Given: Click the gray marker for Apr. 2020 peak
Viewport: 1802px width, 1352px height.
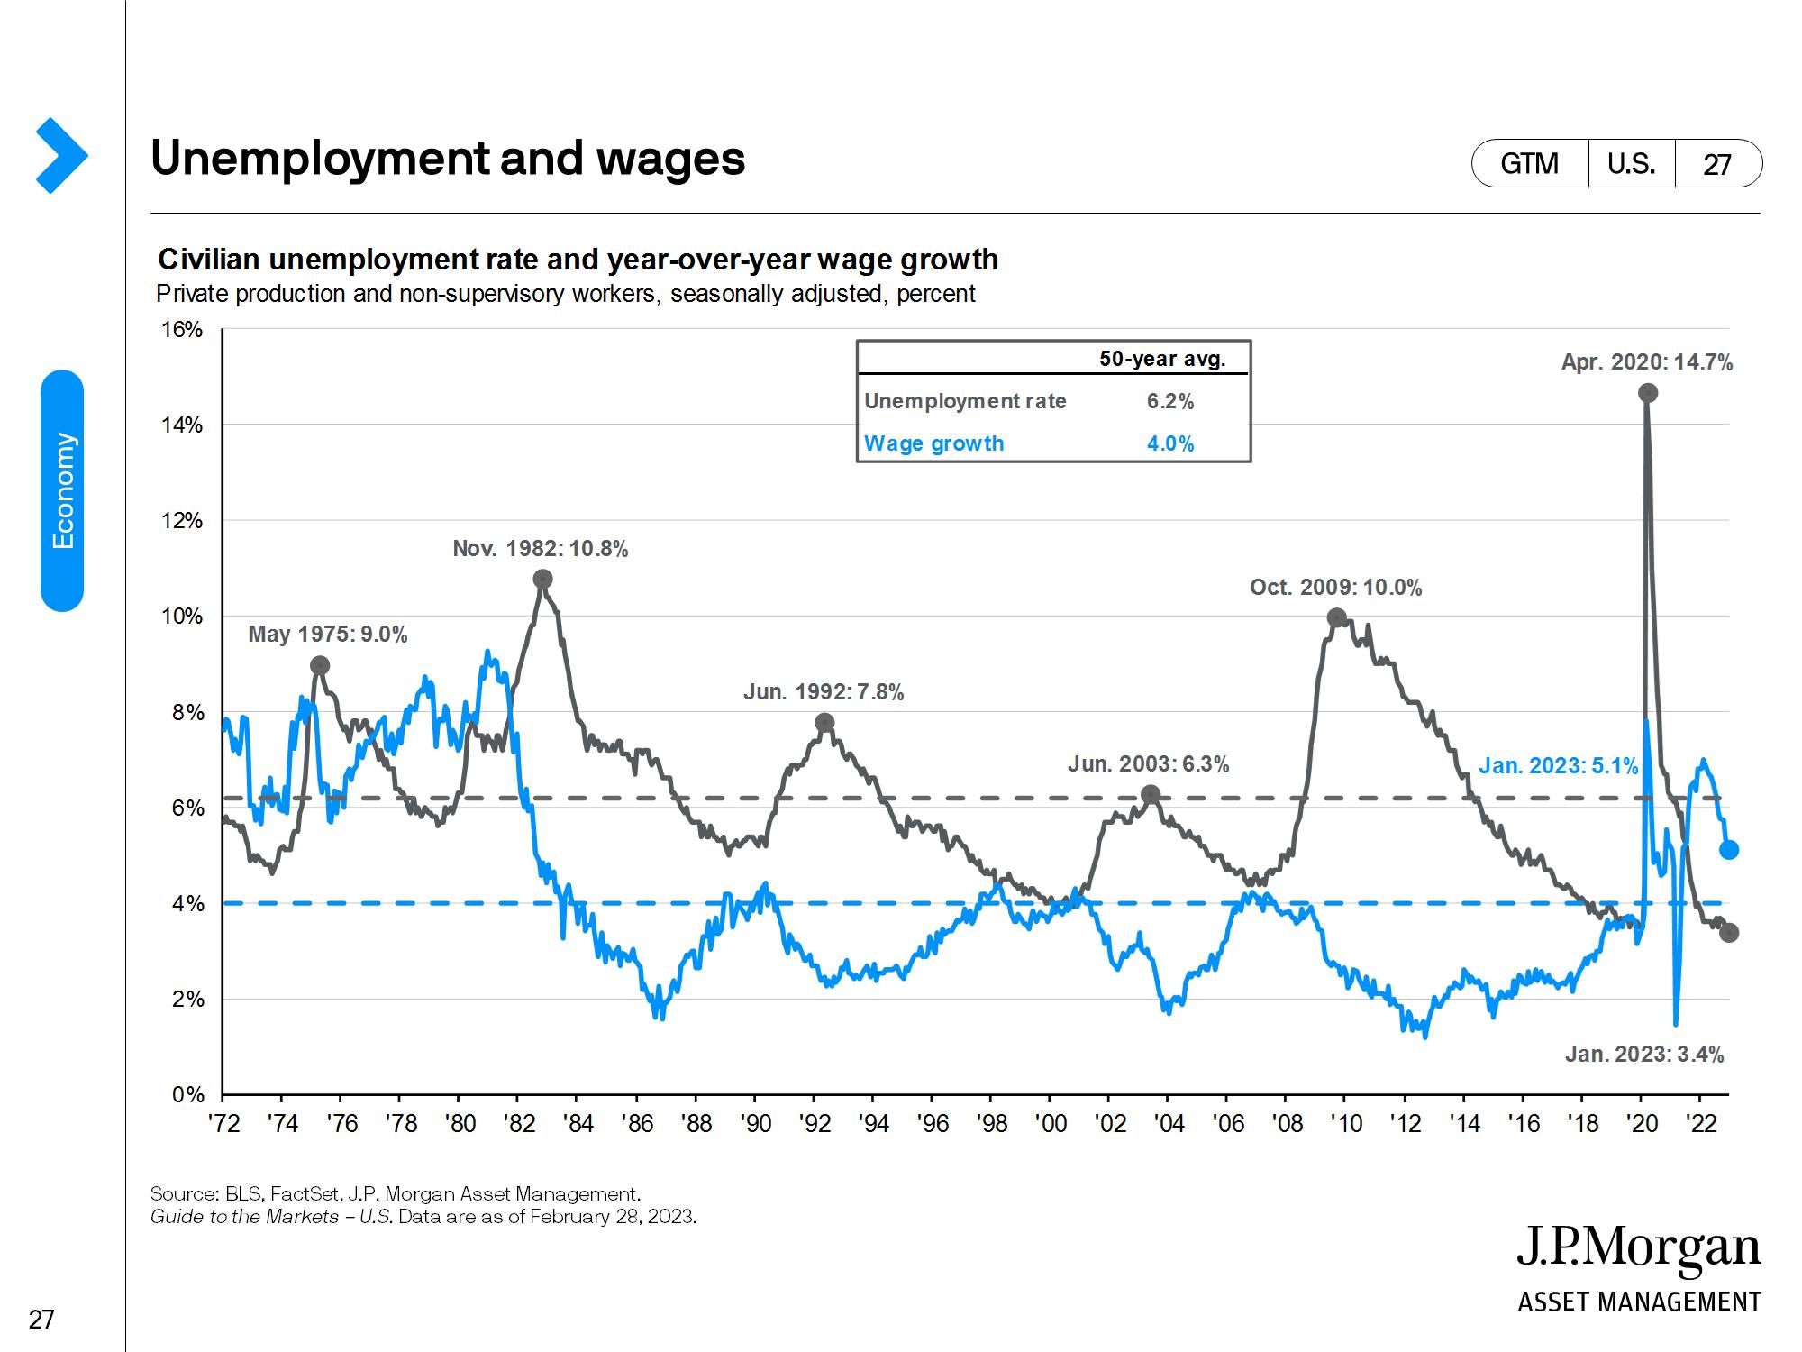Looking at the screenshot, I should pyautogui.click(x=1648, y=393).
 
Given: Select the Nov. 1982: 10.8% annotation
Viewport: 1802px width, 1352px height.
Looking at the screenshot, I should pyautogui.click(x=540, y=549).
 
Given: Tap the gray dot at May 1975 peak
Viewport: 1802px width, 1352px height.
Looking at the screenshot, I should pyautogui.click(x=320, y=666).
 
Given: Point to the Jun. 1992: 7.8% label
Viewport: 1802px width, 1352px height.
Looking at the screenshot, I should pyautogui.click(x=823, y=692).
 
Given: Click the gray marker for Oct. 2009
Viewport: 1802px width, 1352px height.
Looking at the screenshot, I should pyautogui.click(x=1337, y=618).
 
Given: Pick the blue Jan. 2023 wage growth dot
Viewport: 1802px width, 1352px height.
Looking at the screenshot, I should pyautogui.click(x=1729, y=850).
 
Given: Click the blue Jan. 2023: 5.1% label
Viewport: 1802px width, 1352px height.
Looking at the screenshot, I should pyautogui.click(x=1558, y=766).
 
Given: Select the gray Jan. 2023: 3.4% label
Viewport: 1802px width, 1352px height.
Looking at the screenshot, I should pyautogui.click(x=1643, y=1055).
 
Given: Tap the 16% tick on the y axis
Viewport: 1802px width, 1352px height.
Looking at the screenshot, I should pyautogui.click(x=182, y=330).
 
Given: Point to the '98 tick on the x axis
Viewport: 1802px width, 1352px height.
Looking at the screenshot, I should pyautogui.click(x=991, y=1124).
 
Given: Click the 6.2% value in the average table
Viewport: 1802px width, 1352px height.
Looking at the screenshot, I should pyautogui.click(x=1169, y=402).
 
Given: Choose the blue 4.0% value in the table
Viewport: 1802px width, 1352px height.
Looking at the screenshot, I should pyautogui.click(x=1169, y=443).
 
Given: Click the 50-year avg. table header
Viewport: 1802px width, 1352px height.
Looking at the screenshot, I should pyautogui.click(x=1161, y=359).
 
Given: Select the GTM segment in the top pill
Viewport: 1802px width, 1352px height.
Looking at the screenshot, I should pyautogui.click(x=1529, y=164).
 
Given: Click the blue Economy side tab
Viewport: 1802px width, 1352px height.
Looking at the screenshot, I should pyautogui.click(x=62, y=490).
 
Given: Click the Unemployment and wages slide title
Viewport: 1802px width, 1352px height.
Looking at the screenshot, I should pyautogui.click(x=448, y=159).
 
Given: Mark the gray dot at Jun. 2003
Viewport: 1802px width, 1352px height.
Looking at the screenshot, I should pyautogui.click(x=1150, y=795).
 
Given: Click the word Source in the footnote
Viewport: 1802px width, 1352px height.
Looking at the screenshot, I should pyautogui.click(x=184, y=1194).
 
